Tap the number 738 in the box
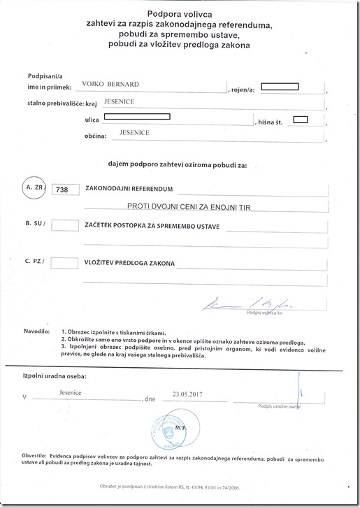point(66,190)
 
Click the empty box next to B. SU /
point(66,224)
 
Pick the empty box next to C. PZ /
point(66,263)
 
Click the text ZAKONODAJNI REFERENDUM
point(129,189)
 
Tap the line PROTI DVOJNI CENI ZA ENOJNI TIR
point(189,208)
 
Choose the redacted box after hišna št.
point(301,118)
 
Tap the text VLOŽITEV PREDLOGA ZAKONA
point(131,264)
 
